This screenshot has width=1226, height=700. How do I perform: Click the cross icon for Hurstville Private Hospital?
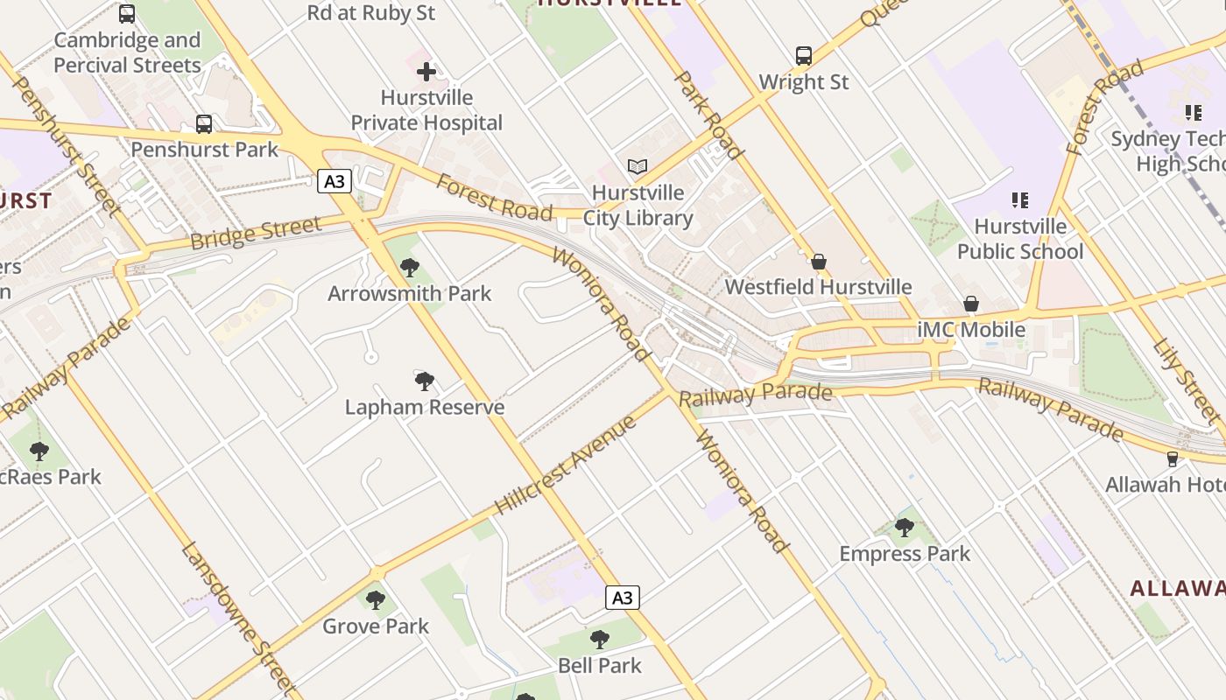(x=426, y=72)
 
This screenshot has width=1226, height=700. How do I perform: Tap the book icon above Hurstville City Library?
(x=638, y=166)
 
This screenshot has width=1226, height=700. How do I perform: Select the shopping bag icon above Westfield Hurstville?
(x=819, y=261)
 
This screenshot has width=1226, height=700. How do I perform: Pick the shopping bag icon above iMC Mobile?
(x=971, y=304)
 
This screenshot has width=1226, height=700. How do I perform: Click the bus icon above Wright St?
(x=804, y=56)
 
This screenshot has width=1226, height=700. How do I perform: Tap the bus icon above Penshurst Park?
(x=204, y=124)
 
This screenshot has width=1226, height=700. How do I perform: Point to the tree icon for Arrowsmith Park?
(x=409, y=268)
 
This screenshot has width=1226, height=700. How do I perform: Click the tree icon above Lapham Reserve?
(x=425, y=381)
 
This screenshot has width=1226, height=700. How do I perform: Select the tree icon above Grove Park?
(x=376, y=599)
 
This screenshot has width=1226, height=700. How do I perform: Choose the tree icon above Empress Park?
(x=905, y=528)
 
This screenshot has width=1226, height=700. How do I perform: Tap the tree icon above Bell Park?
(x=600, y=639)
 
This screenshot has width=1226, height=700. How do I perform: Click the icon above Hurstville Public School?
(x=1019, y=200)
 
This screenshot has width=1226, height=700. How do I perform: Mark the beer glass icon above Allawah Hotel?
(x=1173, y=458)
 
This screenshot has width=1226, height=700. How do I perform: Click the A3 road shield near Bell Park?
(x=622, y=598)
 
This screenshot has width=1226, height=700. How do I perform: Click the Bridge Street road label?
(x=256, y=234)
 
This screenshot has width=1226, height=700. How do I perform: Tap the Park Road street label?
(x=708, y=115)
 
